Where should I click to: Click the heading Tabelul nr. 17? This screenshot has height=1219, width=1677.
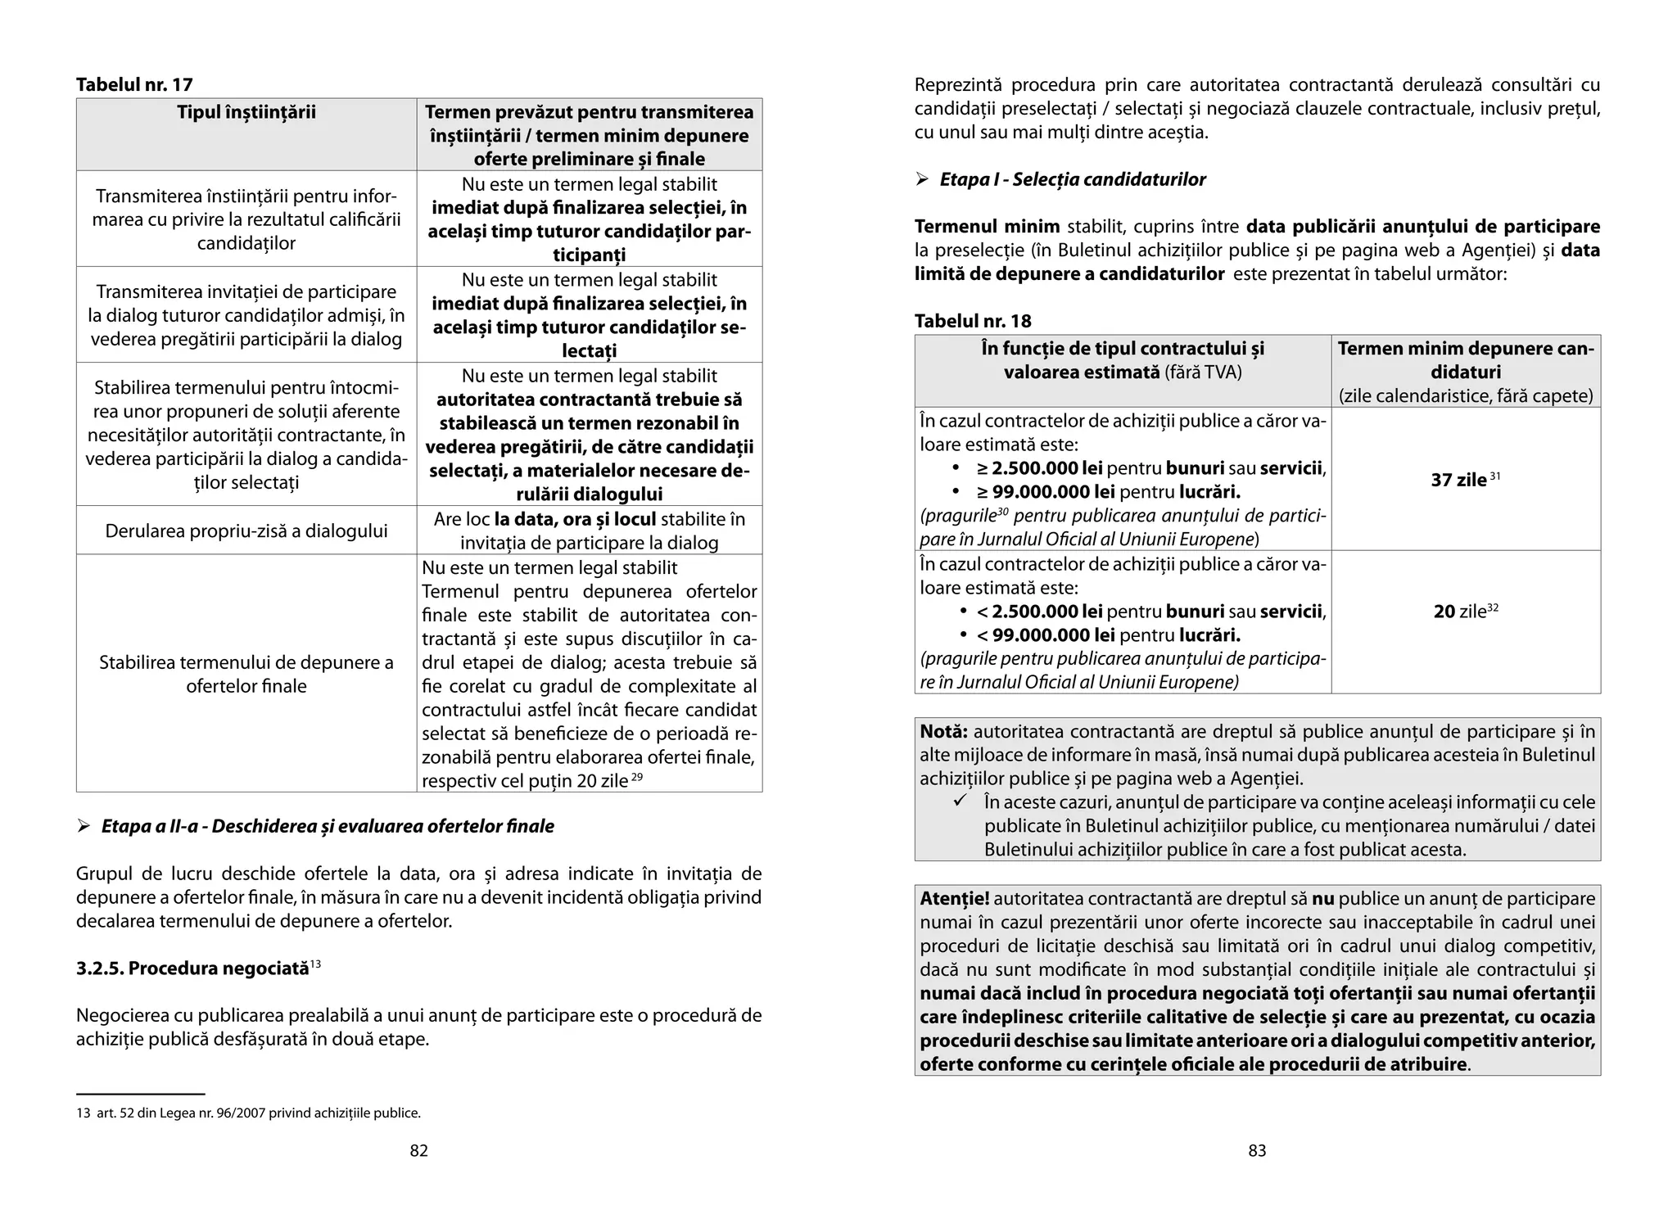click(134, 84)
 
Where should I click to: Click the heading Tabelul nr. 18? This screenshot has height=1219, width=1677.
click(973, 321)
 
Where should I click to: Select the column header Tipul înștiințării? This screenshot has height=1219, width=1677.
click(246, 112)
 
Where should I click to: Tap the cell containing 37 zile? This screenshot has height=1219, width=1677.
click(1465, 480)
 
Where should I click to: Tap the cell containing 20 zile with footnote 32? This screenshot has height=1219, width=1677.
click(1465, 612)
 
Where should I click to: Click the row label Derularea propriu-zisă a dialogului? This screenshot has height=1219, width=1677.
click(246, 530)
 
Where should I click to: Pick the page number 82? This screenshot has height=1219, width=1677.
click(418, 1150)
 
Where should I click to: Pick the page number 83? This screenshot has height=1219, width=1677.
click(1257, 1150)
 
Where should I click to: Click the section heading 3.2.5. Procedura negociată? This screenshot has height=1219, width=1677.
click(192, 968)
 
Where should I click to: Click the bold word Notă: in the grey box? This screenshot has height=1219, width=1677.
click(943, 731)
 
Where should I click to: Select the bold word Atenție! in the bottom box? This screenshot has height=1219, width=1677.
click(954, 898)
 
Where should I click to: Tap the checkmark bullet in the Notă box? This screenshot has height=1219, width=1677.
click(961, 801)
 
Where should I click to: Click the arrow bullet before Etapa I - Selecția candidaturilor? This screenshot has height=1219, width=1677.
click(922, 179)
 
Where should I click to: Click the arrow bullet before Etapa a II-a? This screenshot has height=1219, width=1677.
click(83, 826)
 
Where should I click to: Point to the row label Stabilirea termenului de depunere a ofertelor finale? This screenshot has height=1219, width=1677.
click(246, 674)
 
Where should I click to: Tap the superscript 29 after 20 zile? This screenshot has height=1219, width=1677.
click(637, 776)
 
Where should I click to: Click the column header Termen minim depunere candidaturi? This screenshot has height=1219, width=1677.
click(1465, 360)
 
